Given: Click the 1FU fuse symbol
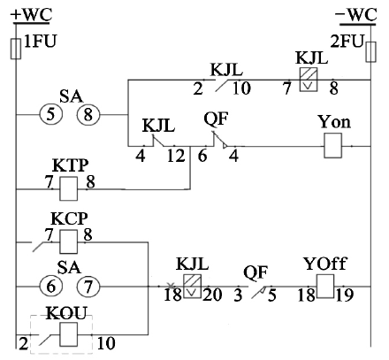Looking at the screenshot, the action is pyautogui.click(x=16, y=49).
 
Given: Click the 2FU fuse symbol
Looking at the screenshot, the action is pyautogui.click(x=370, y=52).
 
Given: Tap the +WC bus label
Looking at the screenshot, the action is pyautogui.click(x=31, y=15).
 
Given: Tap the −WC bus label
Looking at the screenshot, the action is pyautogui.click(x=355, y=15).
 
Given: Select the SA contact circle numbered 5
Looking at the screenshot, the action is pyautogui.click(x=51, y=114).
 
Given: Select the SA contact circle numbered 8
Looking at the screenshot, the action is pyautogui.click(x=88, y=114).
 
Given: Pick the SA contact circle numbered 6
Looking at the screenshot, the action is pyautogui.click(x=51, y=286).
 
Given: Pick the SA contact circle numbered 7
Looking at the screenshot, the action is pyautogui.click(x=88, y=286).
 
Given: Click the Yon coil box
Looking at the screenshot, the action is pyautogui.click(x=333, y=146).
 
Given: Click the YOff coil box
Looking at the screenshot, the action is pyautogui.click(x=325, y=287).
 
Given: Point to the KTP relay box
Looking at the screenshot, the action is pyautogui.click(x=69, y=188).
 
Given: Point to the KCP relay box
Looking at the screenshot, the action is pyautogui.click(x=69, y=242).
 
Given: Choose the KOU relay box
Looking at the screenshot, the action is pyautogui.click(x=69, y=334).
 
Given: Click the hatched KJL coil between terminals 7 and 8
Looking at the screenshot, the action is pyautogui.click(x=309, y=80).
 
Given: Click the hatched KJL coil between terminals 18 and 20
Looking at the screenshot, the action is pyautogui.click(x=193, y=287).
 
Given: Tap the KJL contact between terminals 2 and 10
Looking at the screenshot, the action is pyautogui.click(x=222, y=85).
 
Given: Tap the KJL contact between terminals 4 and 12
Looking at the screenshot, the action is pyautogui.click(x=158, y=141).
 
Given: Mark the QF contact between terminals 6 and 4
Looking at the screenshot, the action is pyautogui.click(x=220, y=140).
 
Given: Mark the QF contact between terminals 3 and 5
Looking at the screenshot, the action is pyautogui.click(x=259, y=292).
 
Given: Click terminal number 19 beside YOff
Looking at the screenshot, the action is pyautogui.click(x=344, y=295).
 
